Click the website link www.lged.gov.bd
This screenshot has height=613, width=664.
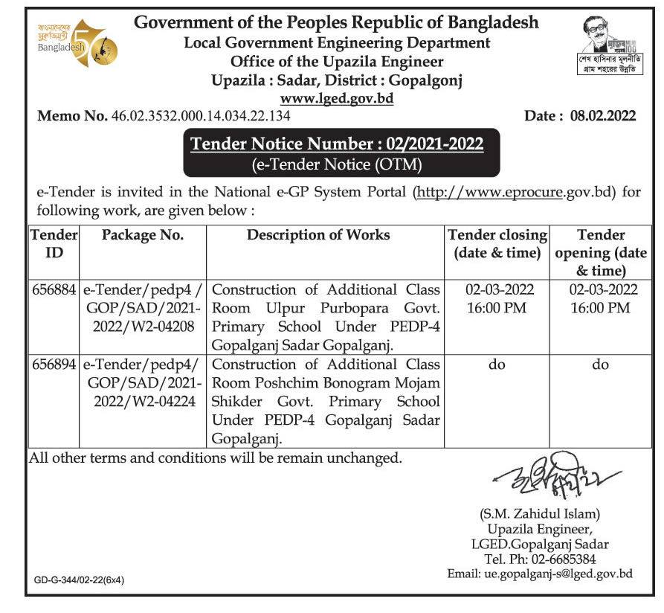336,98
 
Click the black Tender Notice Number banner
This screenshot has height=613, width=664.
337,152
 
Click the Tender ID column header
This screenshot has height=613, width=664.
54,243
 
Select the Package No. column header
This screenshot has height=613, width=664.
142,235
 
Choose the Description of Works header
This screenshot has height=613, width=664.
318,235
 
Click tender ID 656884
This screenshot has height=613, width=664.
54,289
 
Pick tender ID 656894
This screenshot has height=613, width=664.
54,365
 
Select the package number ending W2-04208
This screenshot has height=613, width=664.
142,308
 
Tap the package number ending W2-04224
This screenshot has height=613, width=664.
142,383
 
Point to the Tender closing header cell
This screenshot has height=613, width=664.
497,243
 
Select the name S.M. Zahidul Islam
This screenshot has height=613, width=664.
539,513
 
